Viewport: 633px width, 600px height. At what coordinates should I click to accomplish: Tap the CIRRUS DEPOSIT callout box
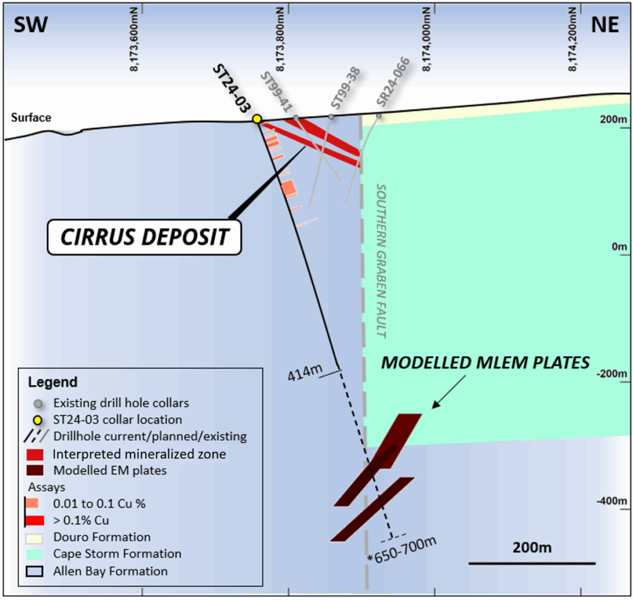coord(144,236)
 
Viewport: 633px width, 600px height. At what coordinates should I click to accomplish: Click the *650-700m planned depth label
coord(402,549)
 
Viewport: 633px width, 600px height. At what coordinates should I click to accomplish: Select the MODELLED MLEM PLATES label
coord(485,362)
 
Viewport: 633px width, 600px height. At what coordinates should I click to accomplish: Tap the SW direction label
coord(30,24)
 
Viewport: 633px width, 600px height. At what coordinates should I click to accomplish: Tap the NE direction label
coord(605,24)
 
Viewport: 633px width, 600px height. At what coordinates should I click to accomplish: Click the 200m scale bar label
coord(532,548)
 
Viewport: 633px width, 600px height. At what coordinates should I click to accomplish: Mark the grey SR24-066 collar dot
coord(379,115)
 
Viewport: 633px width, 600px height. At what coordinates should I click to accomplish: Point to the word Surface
coord(31,117)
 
